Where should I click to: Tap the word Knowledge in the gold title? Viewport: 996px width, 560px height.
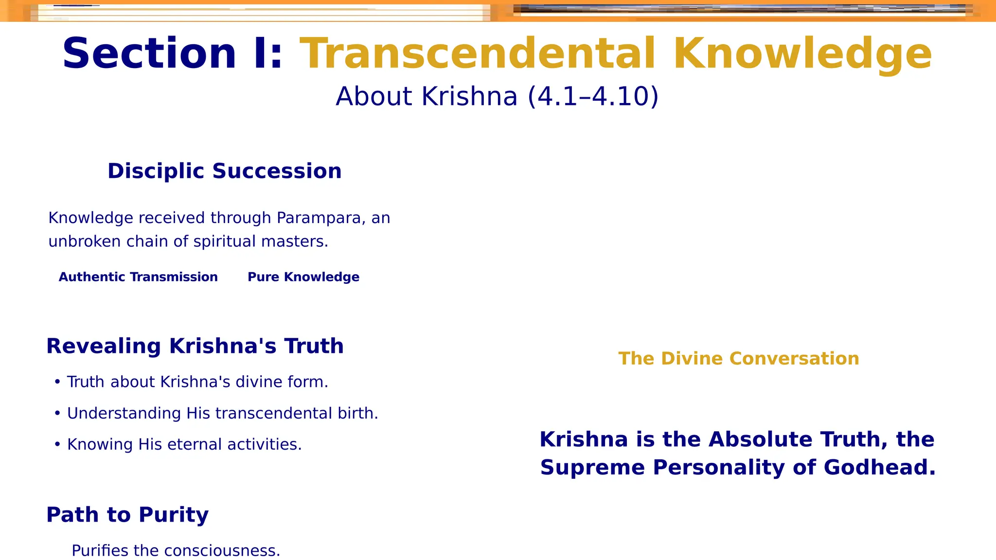(x=802, y=54)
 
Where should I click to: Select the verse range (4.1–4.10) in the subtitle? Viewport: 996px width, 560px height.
(x=593, y=96)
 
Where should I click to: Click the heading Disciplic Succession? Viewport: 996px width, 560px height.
(x=224, y=171)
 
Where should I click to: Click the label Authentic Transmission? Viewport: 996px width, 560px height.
(x=138, y=277)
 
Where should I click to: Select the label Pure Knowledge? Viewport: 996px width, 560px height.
(x=303, y=277)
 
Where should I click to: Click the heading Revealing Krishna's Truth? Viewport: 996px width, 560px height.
(x=195, y=346)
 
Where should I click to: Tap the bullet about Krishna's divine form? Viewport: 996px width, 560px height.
(x=197, y=382)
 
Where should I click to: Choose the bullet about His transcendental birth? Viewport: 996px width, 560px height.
(x=222, y=413)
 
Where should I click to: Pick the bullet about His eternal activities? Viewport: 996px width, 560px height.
(x=184, y=444)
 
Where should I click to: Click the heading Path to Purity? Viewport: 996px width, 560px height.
(x=127, y=515)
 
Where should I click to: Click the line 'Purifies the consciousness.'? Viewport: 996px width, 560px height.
(x=176, y=551)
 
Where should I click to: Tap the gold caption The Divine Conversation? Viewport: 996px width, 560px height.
(x=738, y=359)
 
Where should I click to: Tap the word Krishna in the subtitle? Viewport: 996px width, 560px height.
(x=469, y=96)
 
